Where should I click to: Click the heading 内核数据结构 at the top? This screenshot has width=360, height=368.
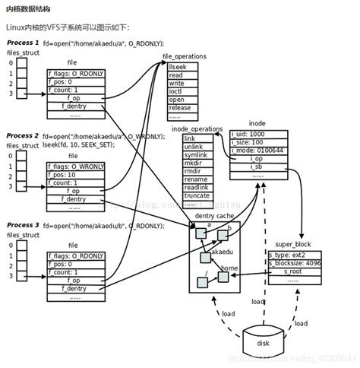[29, 8]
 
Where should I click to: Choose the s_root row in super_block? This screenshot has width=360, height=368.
[294, 271]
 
